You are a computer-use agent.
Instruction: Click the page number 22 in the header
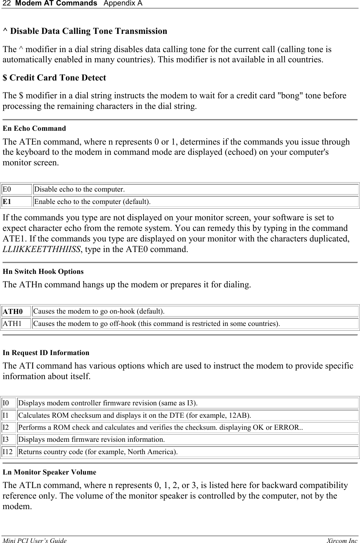pos(6,4)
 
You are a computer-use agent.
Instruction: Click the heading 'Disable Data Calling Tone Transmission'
pos(85,31)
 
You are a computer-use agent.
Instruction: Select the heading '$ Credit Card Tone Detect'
pos(54,78)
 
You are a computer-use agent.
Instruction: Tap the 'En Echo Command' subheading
pos(34,129)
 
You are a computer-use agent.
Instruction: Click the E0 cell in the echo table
pos(7,189)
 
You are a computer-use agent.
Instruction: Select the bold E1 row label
pos(7,201)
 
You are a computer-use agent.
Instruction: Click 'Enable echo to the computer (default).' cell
pos(92,201)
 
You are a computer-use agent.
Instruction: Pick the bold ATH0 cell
pos(13,311)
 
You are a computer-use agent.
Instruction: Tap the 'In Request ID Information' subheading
pos(46,353)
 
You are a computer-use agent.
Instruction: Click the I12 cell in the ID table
pos(8,452)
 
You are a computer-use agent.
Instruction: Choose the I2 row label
pos(6,427)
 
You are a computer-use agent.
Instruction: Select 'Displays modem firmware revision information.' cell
pos(91,440)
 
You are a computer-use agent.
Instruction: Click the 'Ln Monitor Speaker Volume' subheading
pos(50,472)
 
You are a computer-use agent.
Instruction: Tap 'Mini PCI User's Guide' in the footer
pos(35,541)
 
